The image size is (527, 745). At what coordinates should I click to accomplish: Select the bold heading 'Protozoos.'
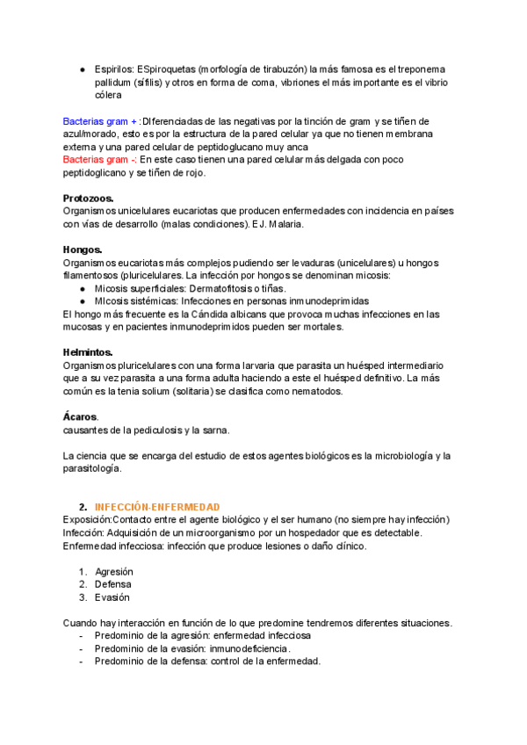pos(89,199)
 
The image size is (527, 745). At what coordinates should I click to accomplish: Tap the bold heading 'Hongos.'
pos(83,250)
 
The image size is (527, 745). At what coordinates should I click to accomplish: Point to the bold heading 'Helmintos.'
pos(88,352)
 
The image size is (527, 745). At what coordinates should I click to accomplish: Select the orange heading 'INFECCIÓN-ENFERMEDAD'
pos(157,507)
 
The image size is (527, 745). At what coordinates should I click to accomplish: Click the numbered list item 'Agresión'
pos(114,570)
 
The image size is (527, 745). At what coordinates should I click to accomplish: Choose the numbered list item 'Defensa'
pos(113,583)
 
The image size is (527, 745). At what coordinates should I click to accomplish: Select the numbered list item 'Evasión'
pos(112,597)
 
